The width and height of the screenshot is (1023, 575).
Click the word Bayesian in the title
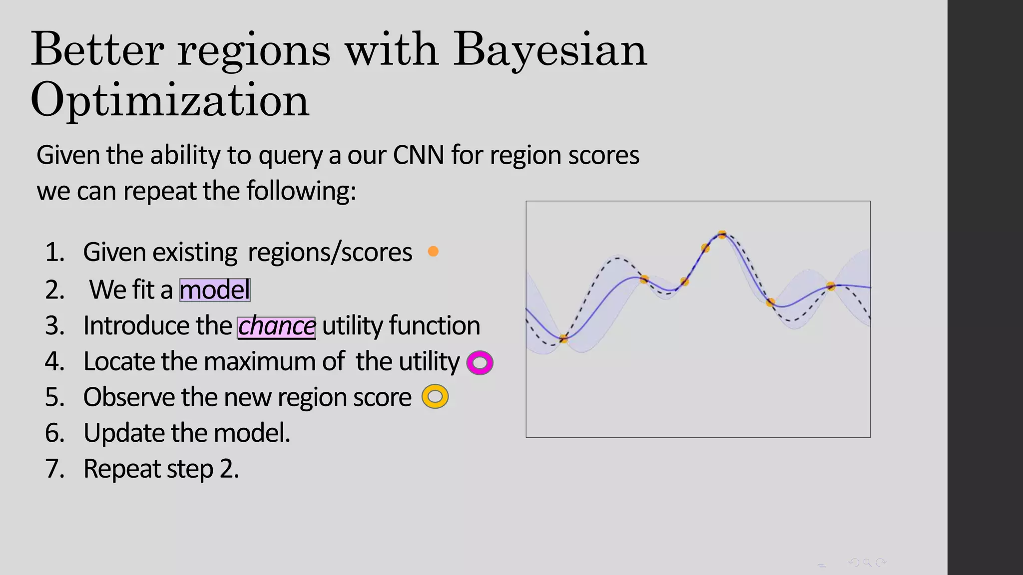point(550,50)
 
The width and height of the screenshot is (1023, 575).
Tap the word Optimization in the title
point(170,100)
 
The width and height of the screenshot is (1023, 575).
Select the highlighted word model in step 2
point(215,290)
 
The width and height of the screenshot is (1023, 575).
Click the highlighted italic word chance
point(276,327)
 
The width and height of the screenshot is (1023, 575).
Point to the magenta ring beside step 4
point(480,363)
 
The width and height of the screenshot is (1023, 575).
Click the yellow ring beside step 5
point(435,397)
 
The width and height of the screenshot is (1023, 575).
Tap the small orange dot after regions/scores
point(433,252)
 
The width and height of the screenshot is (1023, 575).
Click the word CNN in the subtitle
point(419,155)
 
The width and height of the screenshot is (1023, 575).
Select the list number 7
point(55,469)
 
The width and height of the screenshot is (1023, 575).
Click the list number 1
point(55,252)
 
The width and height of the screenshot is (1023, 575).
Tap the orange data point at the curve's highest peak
point(722,234)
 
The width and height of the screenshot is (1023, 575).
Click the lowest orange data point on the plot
point(563,339)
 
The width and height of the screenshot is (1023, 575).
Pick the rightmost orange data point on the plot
point(831,286)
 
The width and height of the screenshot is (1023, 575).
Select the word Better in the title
point(97,50)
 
